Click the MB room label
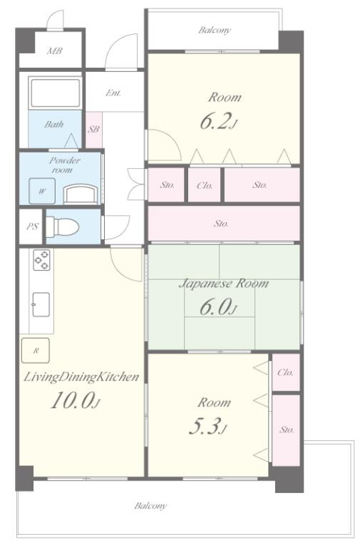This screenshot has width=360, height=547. pyautogui.click(x=54, y=51)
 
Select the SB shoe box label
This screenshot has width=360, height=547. pyautogui.click(x=93, y=129)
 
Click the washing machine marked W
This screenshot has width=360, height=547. pyautogui.click(x=42, y=191)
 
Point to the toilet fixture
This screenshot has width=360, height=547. pyautogui.click(x=63, y=226)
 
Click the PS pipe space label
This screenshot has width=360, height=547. pyautogui.click(x=32, y=226)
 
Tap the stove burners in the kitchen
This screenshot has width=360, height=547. pyautogui.click(x=41, y=259)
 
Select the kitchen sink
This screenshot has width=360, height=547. pyautogui.click(x=41, y=305)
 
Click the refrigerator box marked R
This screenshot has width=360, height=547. pyautogui.click(x=35, y=350)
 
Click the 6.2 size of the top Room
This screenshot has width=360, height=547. pyautogui.click(x=219, y=121)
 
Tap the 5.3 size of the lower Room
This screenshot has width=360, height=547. pyautogui.click(x=207, y=427)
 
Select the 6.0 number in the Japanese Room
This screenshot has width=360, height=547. pyautogui.click(x=218, y=307)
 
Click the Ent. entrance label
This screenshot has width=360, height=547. pyautogui.click(x=113, y=93)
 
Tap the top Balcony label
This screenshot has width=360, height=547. pyautogui.click(x=215, y=30)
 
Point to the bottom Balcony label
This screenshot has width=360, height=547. pyautogui.click(x=150, y=506)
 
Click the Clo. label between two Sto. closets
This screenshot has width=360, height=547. pyautogui.click(x=205, y=185)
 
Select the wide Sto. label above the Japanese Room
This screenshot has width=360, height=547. pyautogui.click(x=221, y=223)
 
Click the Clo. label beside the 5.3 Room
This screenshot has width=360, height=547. pyautogui.click(x=286, y=373)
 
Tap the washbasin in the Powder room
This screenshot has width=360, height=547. pyautogui.click(x=81, y=194)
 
